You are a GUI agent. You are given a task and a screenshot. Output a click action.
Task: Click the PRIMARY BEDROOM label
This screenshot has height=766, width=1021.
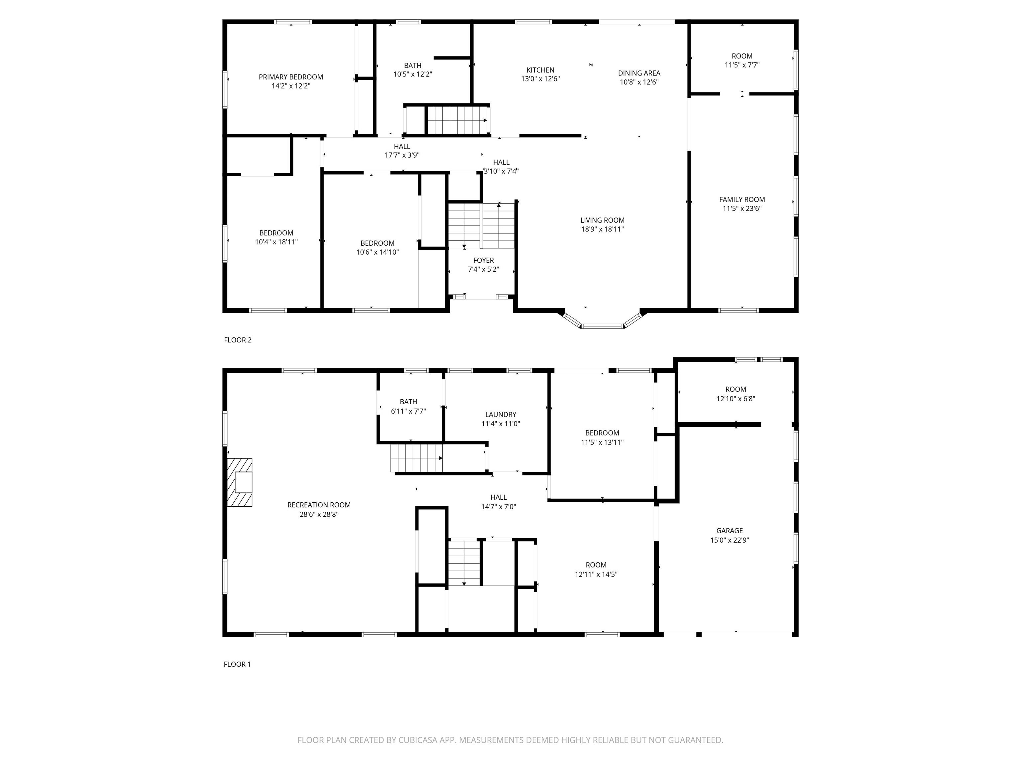click(x=291, y=77)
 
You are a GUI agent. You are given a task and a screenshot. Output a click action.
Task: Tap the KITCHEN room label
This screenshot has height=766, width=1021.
click(x=540, y=70)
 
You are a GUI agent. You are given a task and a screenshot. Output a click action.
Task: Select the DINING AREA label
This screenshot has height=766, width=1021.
click(x=639, y=73)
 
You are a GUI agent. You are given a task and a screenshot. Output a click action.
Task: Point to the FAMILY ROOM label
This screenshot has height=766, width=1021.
click(x=742, y=199)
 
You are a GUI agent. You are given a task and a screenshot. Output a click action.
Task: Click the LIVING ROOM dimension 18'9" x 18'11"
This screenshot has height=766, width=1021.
click(x=602, y=229)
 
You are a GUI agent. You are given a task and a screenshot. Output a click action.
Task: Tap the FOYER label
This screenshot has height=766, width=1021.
click(x=483, y=260)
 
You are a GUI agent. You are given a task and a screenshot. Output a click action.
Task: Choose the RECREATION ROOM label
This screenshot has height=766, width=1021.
click(x=319, y=505)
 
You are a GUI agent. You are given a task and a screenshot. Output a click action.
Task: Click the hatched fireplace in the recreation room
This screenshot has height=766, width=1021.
click(x=240, y=482)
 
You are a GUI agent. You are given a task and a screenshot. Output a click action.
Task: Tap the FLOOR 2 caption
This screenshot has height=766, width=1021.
click(x=238, y=340)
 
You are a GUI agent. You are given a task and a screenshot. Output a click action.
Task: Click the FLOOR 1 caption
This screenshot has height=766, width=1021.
click(x=237, y=664)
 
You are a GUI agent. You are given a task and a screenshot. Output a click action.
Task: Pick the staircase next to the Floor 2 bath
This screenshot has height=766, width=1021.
click(x=457, y=120)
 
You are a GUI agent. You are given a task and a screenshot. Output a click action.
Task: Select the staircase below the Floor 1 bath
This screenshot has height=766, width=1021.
click(x=416, y=458)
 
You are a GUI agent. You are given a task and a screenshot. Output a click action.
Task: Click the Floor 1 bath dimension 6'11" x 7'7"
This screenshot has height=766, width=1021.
click(x=408, y=411)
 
